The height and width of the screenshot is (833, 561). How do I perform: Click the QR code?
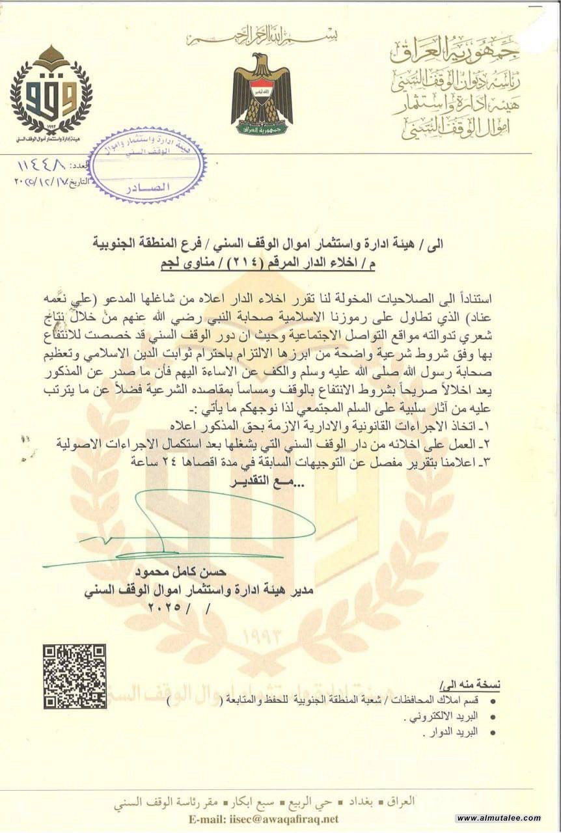[74, 676]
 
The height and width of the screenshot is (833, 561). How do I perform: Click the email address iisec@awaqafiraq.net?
[282, 818]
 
